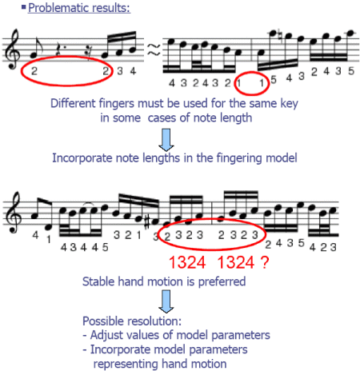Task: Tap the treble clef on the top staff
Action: point(12,49)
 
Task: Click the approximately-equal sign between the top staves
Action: point(154,50)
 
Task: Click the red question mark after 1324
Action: point(265,262)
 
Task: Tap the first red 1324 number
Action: point(187,262)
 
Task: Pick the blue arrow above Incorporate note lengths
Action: point(166,140)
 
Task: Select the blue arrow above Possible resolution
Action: point(166,301)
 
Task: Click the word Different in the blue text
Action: point(73,103)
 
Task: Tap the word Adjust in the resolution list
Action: point(106,335)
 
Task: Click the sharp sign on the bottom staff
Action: point(147,223)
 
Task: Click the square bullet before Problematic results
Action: point(24,6)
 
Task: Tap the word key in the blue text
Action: point(289,104)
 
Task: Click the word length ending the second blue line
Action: point(237,118)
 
